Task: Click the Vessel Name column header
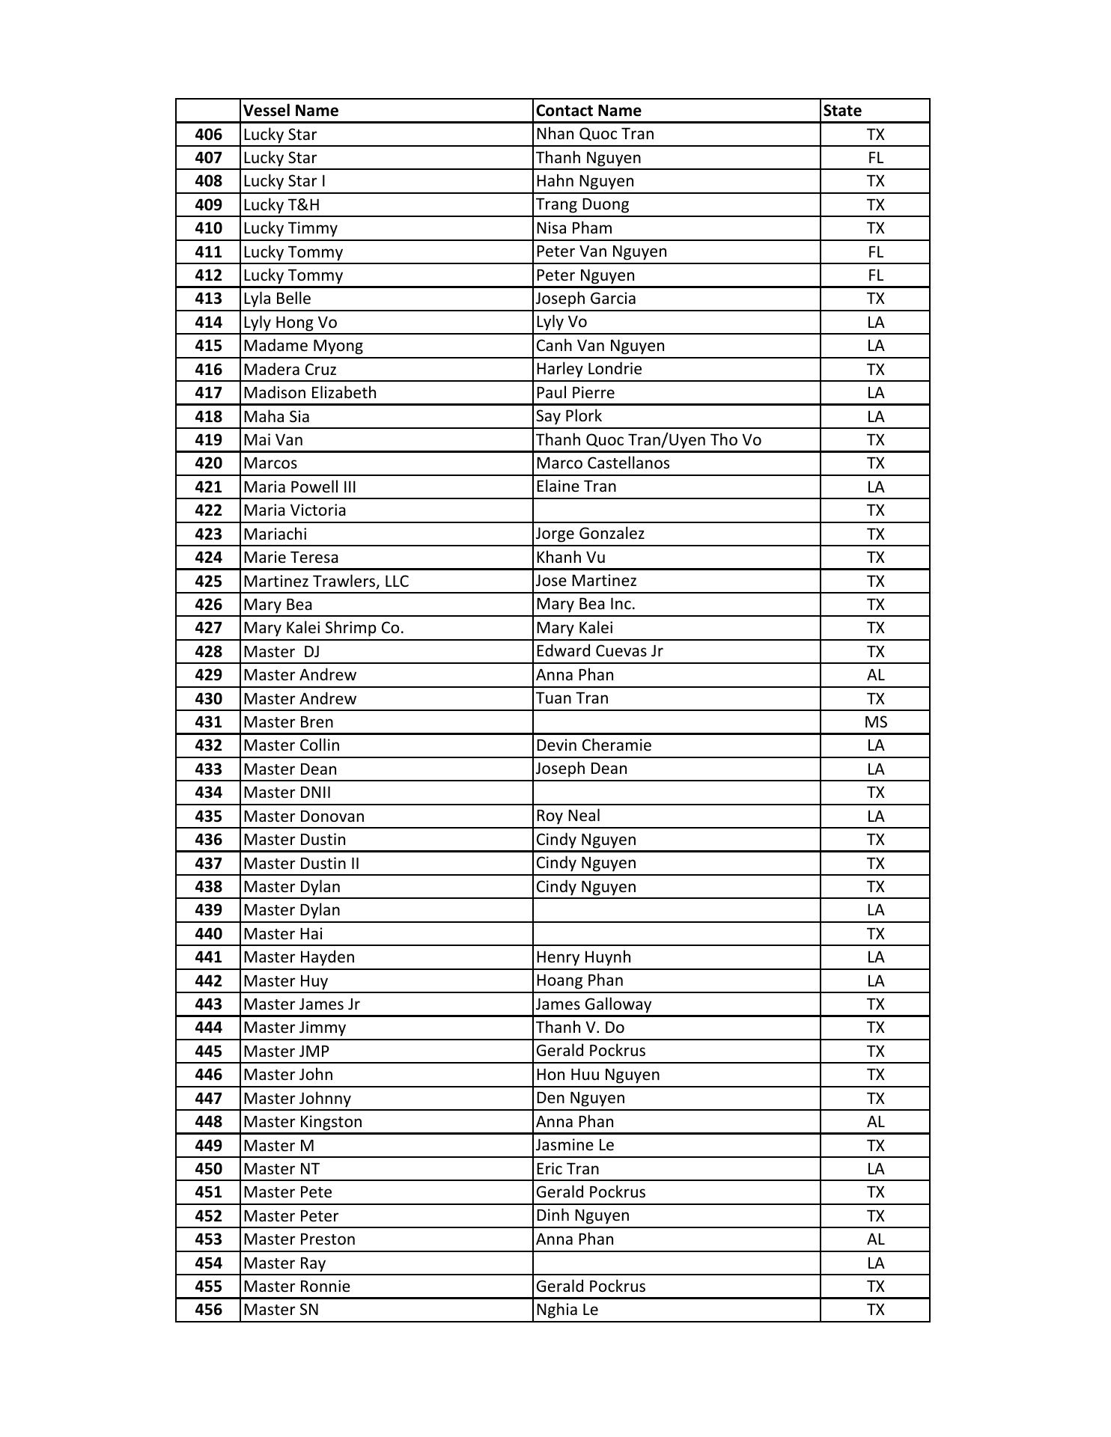coord(291,111)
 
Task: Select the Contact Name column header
coord(588,111)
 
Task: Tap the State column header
coord(842,111)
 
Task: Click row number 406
coord(208,135)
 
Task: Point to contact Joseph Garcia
coord(585,299)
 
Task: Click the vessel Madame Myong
coord(303,346)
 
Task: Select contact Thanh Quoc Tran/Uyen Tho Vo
coord(648,440)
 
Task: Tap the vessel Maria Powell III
coord(299,487)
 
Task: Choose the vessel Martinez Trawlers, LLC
coord(326,582)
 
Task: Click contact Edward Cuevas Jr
coord(599,651)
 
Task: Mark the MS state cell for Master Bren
coord(875,722)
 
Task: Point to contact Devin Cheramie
coord(594,745)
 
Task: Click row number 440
coord(208,934)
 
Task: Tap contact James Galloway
coord(594,1004)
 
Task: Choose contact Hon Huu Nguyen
coord(597,1075)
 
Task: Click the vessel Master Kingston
coord(303,1122)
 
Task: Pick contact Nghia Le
coord(567,1310)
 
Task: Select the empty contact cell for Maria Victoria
coord(676,510)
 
